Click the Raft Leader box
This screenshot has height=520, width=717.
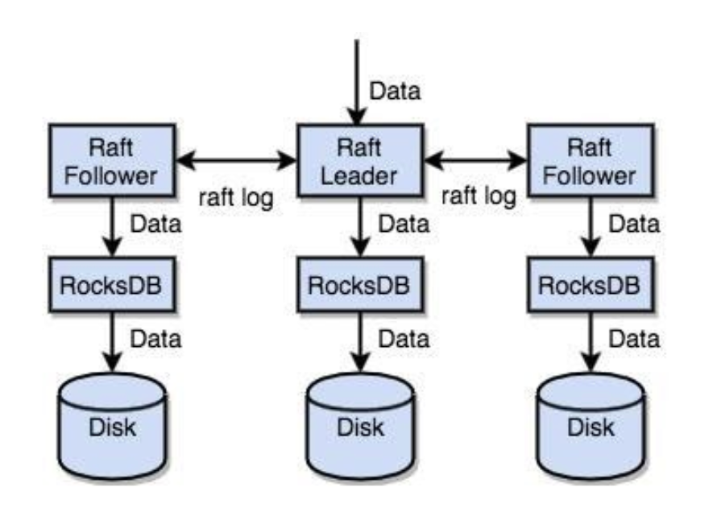(x=360, y=159)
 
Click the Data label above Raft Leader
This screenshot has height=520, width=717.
(x=395, y=91)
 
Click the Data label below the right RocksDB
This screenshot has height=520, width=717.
(x=634, y=338)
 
